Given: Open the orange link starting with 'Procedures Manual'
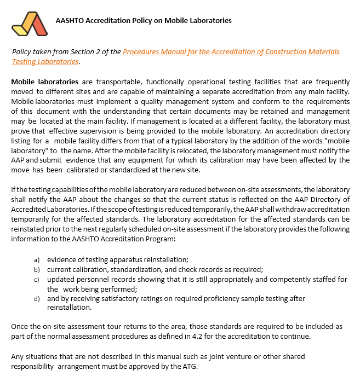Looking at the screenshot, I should [x=231, y=52].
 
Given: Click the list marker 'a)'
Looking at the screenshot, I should [x=37, y=259].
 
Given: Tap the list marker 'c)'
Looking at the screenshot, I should [x=37, y=279].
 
